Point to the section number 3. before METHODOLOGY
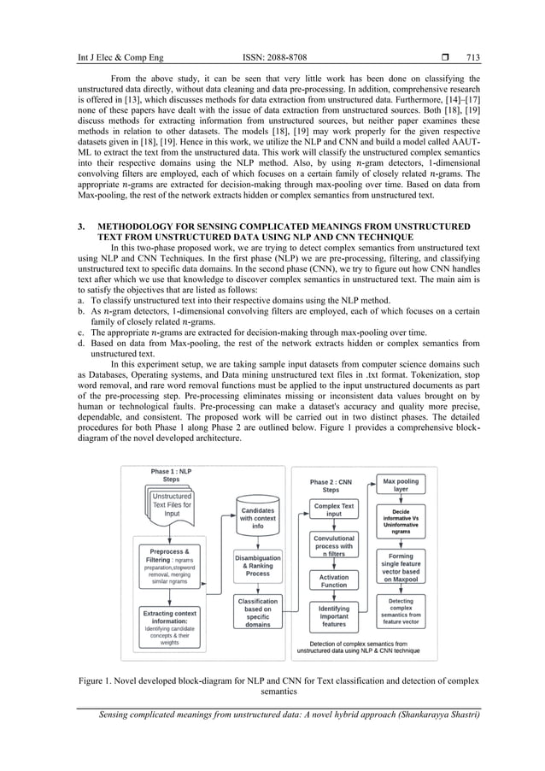(x=79, y=226)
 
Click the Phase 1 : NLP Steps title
(x=172, y=476)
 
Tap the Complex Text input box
(x=334, y=510)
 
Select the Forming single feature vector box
(x=401, y=568)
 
